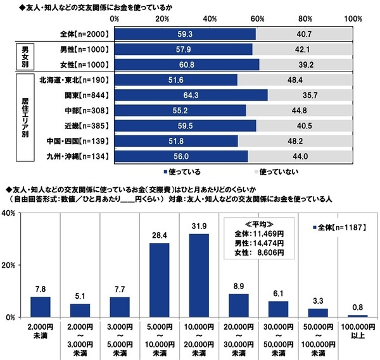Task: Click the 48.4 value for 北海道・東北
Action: pyautogui.click(x=295, y=80)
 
